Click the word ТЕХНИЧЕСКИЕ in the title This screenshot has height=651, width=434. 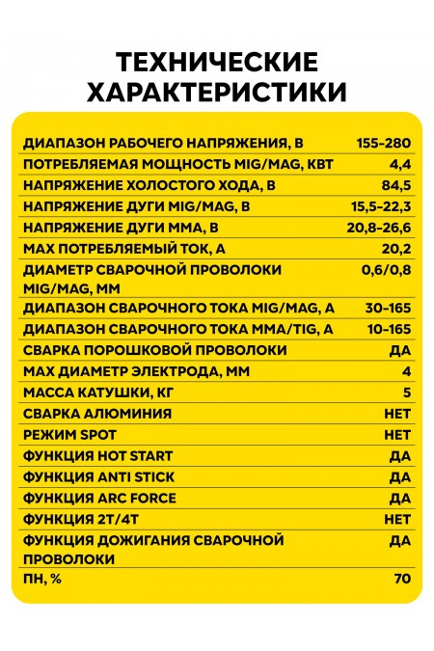tap(216, 64)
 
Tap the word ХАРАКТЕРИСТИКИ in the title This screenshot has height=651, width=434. tap(216, 93)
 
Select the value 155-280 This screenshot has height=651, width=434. tap(383, 143)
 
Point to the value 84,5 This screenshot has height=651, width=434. tap(395, 185)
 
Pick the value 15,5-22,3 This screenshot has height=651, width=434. tap(382, 206)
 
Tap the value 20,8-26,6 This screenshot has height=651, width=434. tap(381, 228)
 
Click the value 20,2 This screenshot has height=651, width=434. tap(397, 249)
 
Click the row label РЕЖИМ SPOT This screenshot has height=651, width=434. tap(68, 435)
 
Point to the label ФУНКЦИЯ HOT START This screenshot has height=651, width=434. tap(95, 456)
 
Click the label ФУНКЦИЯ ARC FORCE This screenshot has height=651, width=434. tap(95, 498)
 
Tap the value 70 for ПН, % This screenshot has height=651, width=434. tap(402, 579)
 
